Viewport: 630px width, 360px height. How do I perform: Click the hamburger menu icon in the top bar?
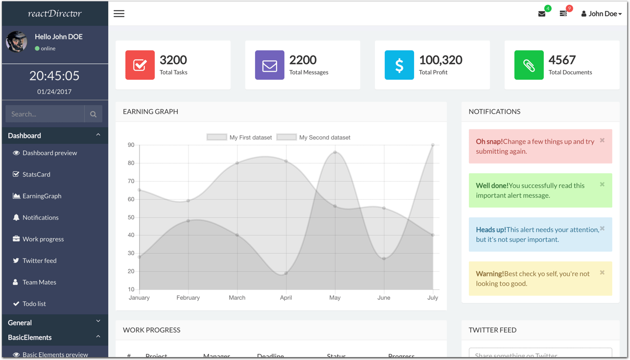coord(119,14)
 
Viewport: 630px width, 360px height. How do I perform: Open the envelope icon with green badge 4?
coord(542,14)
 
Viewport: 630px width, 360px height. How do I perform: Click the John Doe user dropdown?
coord(601,14)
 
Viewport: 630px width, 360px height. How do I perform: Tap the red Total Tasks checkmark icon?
coord(140,65)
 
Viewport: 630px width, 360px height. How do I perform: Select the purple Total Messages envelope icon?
coord(269,65)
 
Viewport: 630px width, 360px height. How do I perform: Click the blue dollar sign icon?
coord(399,65)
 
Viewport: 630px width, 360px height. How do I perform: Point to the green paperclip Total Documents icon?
coord(529,65)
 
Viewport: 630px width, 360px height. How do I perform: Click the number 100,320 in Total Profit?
coord(440,60)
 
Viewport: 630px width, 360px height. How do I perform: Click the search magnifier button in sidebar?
coord(93,114)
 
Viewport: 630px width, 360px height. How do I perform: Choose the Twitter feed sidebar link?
coord(39,261)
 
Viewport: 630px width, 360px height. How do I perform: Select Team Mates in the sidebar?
coord(39,282)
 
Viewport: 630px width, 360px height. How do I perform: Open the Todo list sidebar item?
coord(34,304)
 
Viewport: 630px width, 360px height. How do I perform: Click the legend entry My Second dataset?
coord(324,138)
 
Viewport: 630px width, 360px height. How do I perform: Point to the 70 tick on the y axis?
coord(131,181)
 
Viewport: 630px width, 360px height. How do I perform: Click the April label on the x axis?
coord(286,298)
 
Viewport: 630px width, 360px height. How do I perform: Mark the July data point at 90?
coord(433,145)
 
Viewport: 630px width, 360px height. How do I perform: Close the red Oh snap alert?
coord(602,141)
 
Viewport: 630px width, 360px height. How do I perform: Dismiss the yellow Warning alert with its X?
coord(602,273)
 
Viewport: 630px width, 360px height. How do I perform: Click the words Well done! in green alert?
coord(492,186)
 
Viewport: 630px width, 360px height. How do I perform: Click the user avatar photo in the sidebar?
coord(17,42)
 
